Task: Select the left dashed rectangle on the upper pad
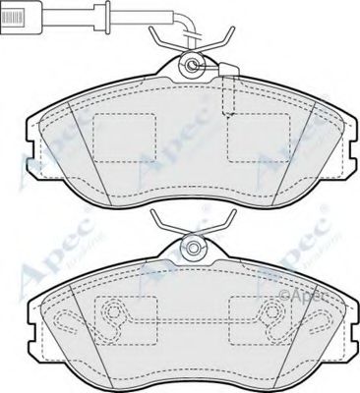(123, 136)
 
